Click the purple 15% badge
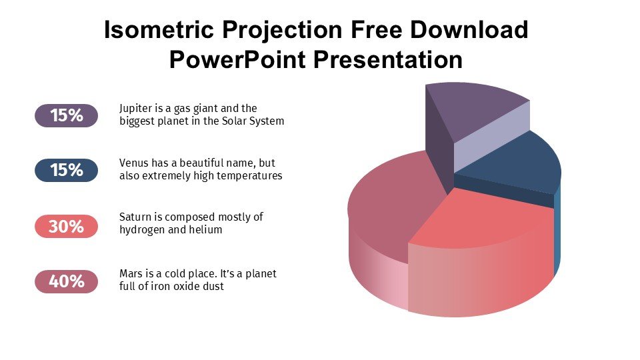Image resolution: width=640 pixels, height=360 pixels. click(66, 115)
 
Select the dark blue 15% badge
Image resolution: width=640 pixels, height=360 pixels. click(66, 170)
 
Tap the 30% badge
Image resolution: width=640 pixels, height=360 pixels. click(66, 226)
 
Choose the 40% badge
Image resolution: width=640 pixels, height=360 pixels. click(66, 281)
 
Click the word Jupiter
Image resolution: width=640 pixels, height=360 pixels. click(135, 109)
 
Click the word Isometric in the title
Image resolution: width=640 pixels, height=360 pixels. click(159, 30)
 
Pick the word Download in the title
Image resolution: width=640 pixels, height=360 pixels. click(469, 30)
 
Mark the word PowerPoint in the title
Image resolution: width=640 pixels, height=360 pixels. click(237, 59)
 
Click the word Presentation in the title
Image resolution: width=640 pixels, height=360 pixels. click(388, 59)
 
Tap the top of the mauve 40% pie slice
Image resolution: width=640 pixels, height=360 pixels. click(392, 200)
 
